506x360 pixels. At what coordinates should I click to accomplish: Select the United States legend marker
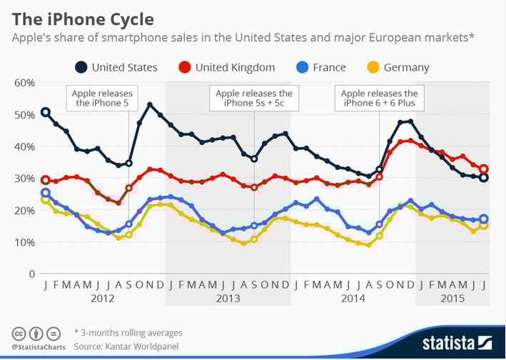pyautogui.click(x=82, y=67)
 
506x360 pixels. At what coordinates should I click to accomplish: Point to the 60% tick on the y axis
pyautogui.click(x=24, y=83)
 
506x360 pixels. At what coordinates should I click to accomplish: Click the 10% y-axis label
pyautogui.click(x=24, y=242)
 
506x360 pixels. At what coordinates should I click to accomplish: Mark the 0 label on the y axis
pyautogui.click(x=31, y=274)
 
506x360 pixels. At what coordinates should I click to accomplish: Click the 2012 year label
pyautogui.click(x=103, y=300)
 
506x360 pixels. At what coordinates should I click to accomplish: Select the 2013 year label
pyautogui.click(x=228, y=300)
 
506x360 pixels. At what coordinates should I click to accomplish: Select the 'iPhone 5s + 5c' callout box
pyautogui.click(x=254, y=99)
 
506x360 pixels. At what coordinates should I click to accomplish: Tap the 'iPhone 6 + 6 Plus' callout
pyautogui.click(x=380, y=99)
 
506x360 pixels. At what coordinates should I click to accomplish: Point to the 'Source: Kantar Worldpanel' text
pyautogui.click(x=127, y=345)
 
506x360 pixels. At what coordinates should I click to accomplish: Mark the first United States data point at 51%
pyautogui.click(x=46, y=112)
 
